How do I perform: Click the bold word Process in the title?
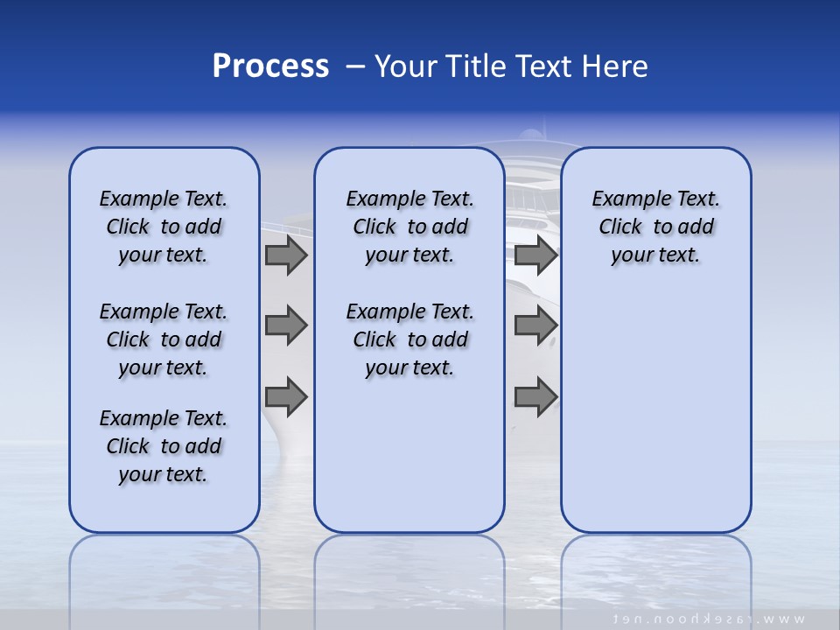click(270, 66)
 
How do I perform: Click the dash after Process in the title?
click(355, 66)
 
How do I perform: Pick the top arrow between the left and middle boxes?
click(286, 255)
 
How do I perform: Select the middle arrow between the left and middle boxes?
click(286, 325)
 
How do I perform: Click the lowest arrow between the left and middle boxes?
click(286, 396)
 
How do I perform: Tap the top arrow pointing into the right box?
click(535, 255)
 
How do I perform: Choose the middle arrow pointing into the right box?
click(535, 325)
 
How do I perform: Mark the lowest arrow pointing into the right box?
click(535, 396)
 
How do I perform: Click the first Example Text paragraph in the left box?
click(164, 227)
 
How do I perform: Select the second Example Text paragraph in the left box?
click(164, 339)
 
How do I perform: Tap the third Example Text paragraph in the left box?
click(164, 446)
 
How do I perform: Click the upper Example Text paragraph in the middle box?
click(409, 227)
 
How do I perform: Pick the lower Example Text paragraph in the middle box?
click(409, 339)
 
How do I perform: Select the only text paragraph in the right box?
click(655, 227)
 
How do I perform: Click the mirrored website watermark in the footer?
click(708, 619)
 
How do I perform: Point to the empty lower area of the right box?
click(655, 411)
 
